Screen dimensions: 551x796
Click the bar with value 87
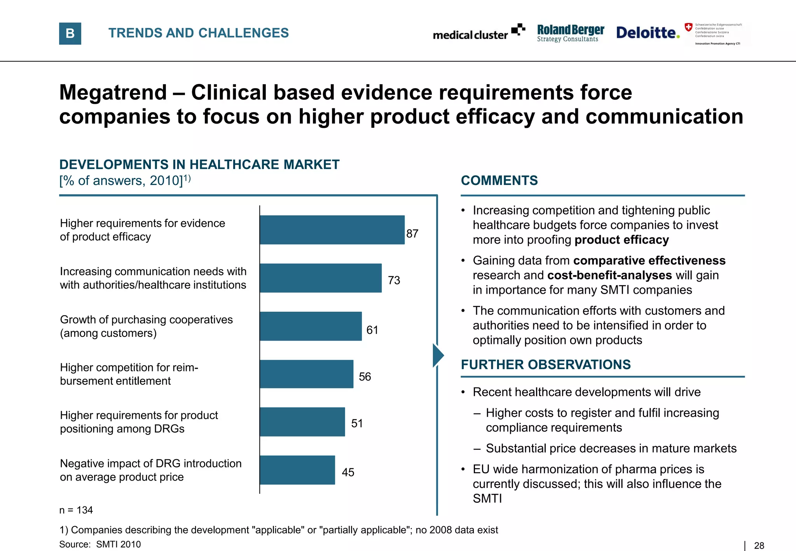tap(332, 230)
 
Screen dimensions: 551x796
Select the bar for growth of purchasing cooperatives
tap(311, 326)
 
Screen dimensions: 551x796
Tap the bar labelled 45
tap(297, 470)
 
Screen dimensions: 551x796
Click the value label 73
tap(394, 280)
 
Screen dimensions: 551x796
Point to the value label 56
tap(365, 377)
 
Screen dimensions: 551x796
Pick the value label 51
tap(357, 423)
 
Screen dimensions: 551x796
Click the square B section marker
tap(70, 33)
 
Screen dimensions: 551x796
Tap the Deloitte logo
tap(648, 33)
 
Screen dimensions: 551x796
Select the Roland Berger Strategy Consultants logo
tap(570, 33)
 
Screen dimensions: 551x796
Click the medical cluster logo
tap(478, 33)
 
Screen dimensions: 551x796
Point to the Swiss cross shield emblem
tap(688, 27)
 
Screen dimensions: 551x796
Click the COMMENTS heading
tap(499, 181)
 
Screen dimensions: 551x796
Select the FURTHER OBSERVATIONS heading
tap(545, 364)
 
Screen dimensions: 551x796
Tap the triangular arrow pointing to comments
tap(438, 355)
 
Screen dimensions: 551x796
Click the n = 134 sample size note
tap(76, 510)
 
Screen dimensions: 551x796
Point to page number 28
tap(759, 546)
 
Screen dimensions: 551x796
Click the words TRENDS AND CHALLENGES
tap(198, 33)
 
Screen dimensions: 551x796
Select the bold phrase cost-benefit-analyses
tap(609, 275)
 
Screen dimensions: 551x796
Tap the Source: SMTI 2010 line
tap(100, 544)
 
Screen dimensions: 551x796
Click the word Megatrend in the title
tap(113, 92)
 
